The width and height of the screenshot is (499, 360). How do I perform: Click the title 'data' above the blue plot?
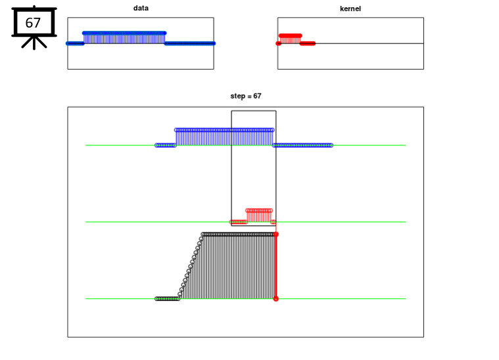[141, 8]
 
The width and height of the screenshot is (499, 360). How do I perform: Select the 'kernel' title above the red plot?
[350, 9]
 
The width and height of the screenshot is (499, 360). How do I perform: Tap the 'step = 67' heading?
[246, 96]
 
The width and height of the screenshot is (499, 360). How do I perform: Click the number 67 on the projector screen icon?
[33, 23]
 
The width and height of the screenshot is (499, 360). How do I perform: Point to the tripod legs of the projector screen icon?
[34, 43]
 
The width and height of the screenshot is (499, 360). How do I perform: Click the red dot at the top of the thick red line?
[276, 235]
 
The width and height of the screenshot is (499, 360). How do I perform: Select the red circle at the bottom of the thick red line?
[276, 299]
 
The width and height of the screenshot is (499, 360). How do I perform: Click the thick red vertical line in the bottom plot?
[276, 267]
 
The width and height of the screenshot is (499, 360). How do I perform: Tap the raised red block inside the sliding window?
[259, 215]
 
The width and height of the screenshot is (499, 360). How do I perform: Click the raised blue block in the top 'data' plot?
[124, 37]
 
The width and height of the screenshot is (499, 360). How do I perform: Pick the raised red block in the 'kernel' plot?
[290, 39]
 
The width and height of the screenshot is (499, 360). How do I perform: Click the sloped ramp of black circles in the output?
[191, 265]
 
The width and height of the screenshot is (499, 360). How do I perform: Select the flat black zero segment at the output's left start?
[168, 299]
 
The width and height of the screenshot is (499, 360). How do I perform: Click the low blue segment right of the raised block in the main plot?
[302, 145]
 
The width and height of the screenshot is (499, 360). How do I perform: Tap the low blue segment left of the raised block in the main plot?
[166, 145]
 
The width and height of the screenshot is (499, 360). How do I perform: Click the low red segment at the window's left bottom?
[239, 222]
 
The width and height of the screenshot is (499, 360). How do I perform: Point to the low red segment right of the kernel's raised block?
[308, 43]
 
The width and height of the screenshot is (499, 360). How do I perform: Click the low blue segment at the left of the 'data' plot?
[75, 43]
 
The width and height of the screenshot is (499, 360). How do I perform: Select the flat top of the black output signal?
[239, 235]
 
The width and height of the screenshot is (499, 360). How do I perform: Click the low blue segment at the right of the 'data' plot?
[190, 43]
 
